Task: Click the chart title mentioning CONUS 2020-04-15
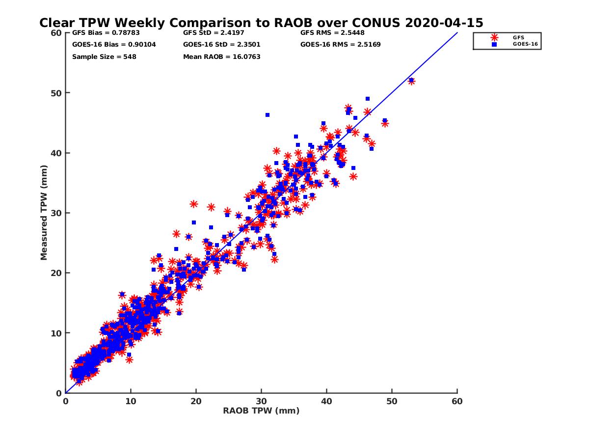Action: tap(261, 23)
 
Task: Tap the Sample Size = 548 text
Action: tap(104, 56)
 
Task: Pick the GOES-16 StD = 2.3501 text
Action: tap(221, 45)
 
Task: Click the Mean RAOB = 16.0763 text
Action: tap(221, 56)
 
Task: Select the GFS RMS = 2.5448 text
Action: tap(332, 33)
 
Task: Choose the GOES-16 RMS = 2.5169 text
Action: tap(340, 45)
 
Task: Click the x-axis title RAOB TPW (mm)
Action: tap(261, 411)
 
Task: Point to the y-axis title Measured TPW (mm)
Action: tap(44, 213)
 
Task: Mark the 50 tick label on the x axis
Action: tap(392, 401)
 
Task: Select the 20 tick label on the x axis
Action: tap(196, 401)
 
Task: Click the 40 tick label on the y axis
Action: tap(56, 153)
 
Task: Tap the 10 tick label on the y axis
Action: tap(56, 333)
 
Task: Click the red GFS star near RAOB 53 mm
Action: tap(411, 81)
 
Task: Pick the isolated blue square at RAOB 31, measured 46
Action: tap(268, 115)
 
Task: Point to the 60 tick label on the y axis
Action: tap(56, 33)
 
